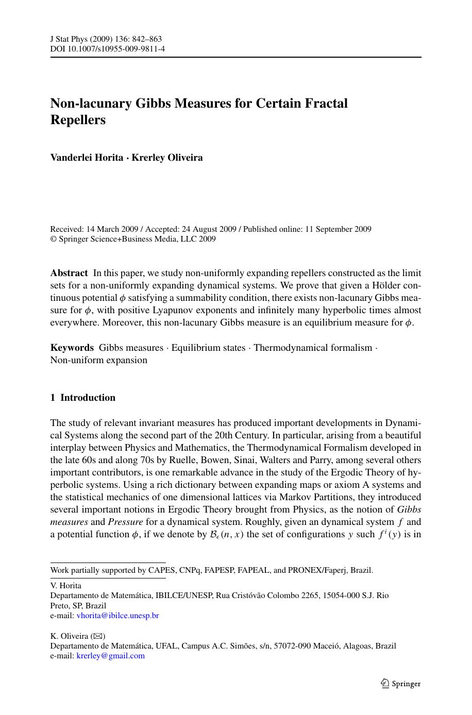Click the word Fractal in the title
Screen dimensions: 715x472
(324, 103)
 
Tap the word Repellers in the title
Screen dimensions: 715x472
(78, 120)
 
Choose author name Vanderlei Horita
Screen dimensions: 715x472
(86, 158)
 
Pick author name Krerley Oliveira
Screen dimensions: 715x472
(167, 158)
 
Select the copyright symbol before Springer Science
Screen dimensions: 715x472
(53, 240)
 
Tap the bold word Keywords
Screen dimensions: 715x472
(72, 348)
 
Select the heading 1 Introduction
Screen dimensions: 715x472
(83, 398)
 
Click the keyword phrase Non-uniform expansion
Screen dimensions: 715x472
(98, 360)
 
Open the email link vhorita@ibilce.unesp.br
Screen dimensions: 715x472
(117, 616)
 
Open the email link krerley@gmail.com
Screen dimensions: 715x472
(110, 656)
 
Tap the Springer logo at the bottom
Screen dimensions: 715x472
(400, 684)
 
